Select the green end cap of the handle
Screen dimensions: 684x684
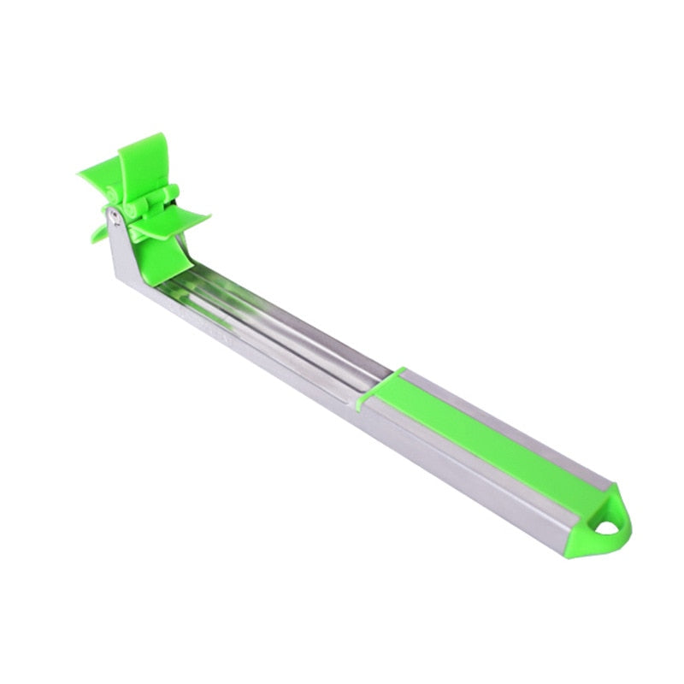pos(603,522)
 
